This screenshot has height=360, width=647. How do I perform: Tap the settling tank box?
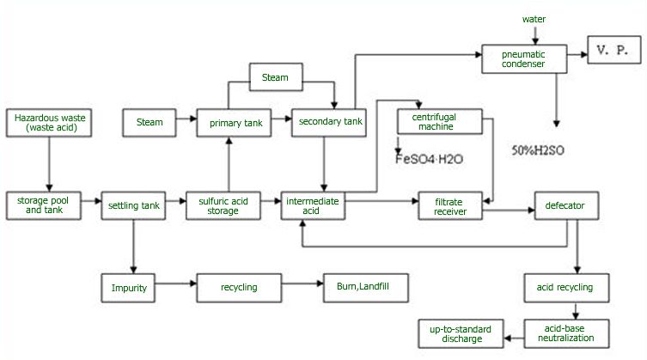[134, 205]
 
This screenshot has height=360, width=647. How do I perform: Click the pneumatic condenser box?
[523, 58]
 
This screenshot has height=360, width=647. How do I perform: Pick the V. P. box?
[612, 52]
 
